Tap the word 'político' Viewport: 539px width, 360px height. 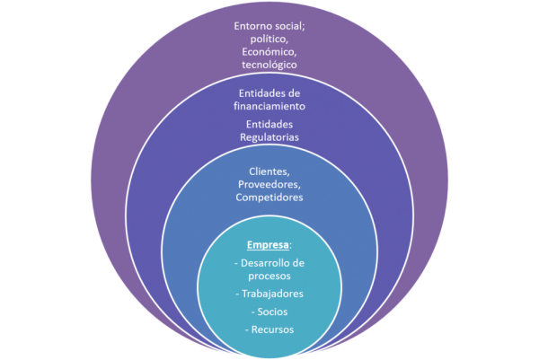[269, 40]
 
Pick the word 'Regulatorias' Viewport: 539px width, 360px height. [269, 137]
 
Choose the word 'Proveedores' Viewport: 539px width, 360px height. [269, 185]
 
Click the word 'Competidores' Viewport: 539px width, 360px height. [269, 198]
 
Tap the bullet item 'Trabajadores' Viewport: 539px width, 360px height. [273, 294]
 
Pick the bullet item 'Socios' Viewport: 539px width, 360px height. [273, 312]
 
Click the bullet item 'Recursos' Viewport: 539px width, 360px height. [273, 329]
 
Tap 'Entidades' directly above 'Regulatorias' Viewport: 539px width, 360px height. [269, 125]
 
